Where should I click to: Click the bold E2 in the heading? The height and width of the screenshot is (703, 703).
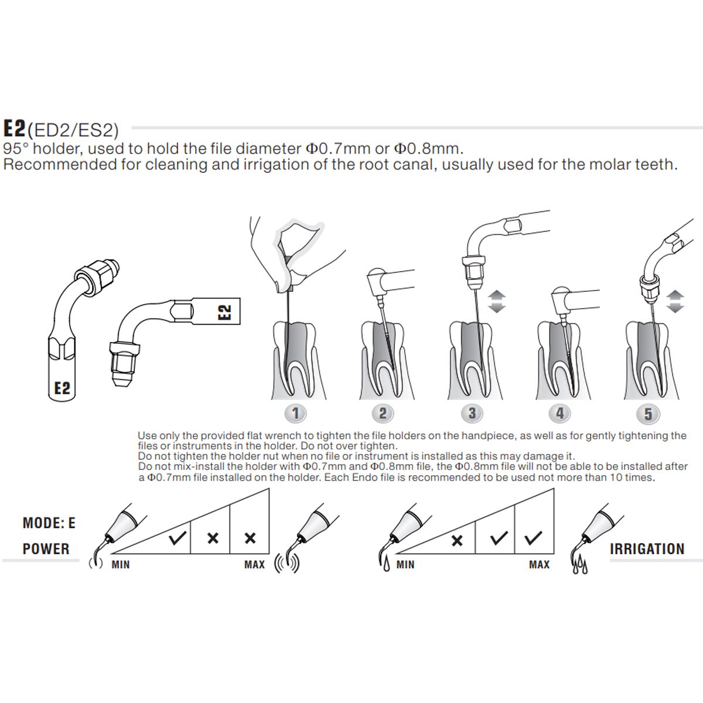15,128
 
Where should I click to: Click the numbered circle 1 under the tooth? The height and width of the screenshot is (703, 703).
295,414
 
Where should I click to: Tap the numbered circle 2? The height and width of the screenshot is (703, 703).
383,414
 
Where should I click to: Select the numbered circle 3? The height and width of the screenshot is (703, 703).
472,414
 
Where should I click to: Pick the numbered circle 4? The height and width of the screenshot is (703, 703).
560,414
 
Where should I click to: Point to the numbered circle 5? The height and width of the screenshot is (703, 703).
648,414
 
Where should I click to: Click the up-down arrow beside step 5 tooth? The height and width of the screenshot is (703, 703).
675,301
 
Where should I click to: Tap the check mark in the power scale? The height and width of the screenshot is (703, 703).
177,538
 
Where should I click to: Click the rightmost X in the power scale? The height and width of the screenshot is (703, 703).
250,538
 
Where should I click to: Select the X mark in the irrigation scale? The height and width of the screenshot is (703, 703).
457,541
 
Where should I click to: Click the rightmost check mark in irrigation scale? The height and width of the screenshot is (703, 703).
533,538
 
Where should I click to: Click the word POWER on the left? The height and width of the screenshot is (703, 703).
46,549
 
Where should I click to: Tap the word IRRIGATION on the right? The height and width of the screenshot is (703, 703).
647,549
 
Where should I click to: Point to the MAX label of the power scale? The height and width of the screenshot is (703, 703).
254,565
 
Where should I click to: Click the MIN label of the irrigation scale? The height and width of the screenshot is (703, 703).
405,565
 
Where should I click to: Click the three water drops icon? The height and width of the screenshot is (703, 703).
579,566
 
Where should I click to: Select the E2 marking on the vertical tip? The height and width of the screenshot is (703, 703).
62,388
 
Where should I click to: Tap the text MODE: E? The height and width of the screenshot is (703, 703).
49,523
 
